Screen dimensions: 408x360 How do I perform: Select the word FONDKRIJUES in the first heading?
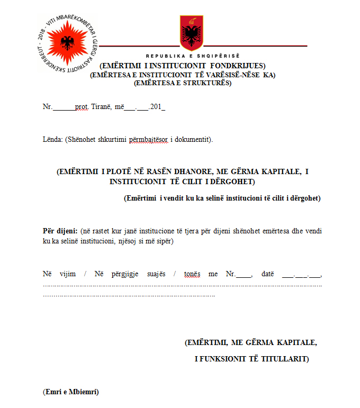241,65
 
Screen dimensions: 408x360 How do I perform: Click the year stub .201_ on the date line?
157,106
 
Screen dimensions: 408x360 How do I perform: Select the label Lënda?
52,140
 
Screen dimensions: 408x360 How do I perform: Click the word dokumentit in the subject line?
194,140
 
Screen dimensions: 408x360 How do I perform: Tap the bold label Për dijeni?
60,231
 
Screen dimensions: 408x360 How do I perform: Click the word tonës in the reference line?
192,274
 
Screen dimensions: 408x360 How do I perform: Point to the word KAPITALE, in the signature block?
293,342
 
